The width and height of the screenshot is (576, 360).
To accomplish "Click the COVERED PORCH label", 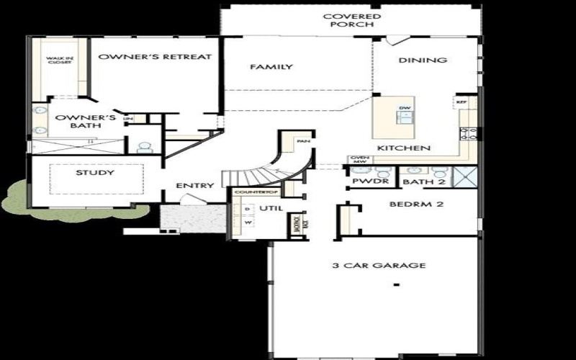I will [351, 19].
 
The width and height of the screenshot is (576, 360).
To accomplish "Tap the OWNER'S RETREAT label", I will [155, 56].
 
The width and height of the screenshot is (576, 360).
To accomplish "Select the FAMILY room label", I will [271, 67].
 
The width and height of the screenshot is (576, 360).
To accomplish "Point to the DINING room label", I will [423, 60].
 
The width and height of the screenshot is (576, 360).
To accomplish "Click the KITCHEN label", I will [404, 148].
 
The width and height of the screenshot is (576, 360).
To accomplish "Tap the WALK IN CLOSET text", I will [59, 60].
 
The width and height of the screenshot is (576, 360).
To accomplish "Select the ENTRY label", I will [195, 186].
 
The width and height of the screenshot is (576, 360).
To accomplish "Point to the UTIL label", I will [271, 208].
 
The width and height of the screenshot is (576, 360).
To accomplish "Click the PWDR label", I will [366, 182].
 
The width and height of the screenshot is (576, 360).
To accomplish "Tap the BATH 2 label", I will [418, 182].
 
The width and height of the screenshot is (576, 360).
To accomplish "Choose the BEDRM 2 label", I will [415, 204].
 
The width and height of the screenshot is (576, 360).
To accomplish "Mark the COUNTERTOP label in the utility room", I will [246, 193].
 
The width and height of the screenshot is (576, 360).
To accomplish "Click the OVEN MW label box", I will [357, 160].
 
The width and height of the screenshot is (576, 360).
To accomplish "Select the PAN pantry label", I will [305, 142].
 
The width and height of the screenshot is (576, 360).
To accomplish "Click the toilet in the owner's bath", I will [145, 147].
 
